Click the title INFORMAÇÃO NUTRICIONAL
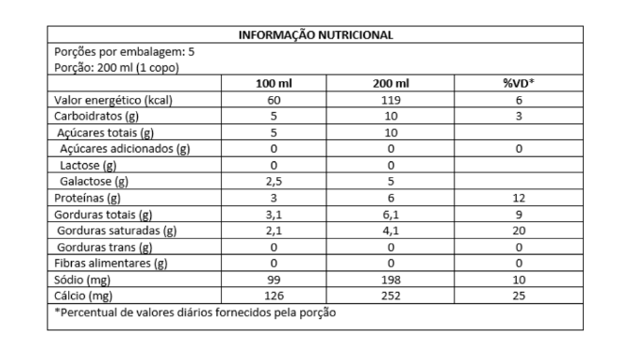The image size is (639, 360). [315, 35]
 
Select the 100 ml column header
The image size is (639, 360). [274, 84]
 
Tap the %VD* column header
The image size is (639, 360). [518, 84]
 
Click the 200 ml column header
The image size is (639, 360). [391, 84]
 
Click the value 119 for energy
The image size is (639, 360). [391, 101]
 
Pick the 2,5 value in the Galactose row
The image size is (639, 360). [274, 181]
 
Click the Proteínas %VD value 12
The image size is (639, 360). [518, 198]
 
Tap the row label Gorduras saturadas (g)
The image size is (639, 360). [117, 230]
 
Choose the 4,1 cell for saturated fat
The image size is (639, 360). [391, 230]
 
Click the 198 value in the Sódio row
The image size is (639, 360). [391, 280]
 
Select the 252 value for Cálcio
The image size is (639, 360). [391, 296]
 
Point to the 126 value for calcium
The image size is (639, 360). [274, 296]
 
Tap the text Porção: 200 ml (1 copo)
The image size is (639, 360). [117, 68]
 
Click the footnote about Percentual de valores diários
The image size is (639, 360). [195, 312]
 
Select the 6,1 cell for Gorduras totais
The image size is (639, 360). [391, 215]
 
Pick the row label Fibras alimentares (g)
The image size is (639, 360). [110, 263]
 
